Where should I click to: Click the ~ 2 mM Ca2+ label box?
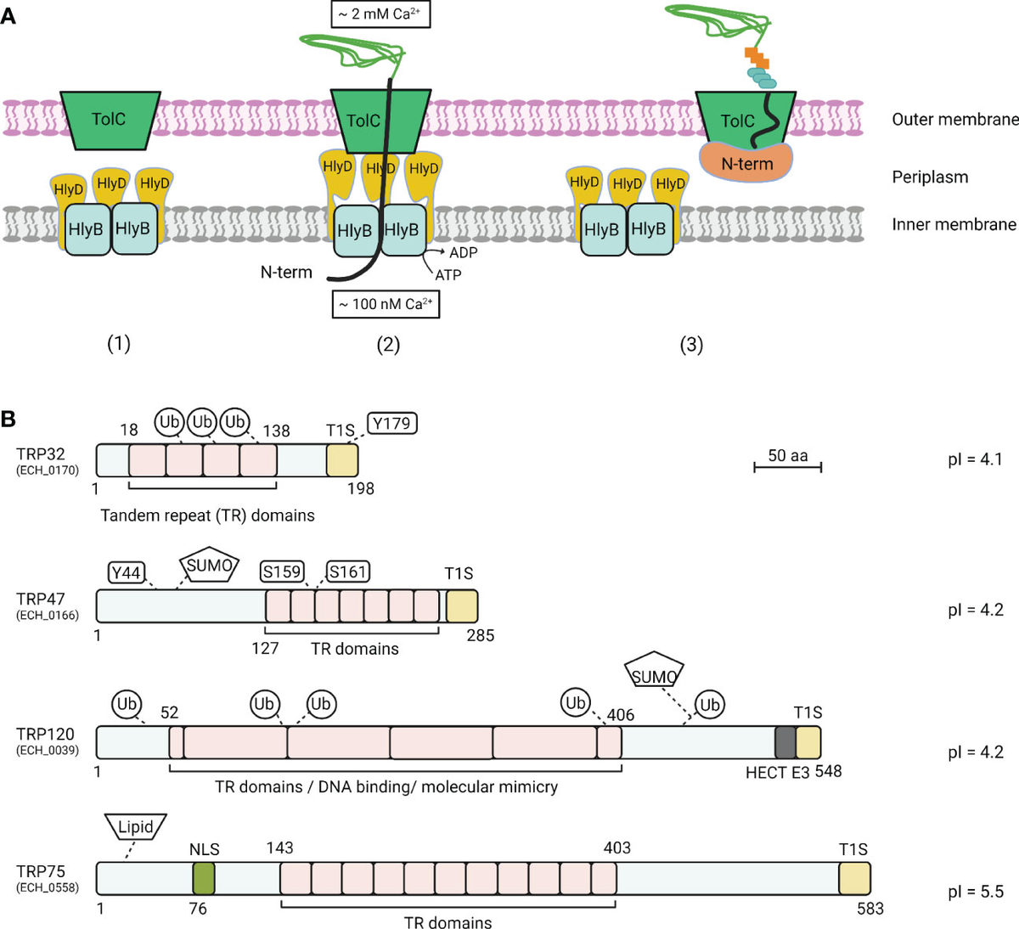click(x=380, y=14)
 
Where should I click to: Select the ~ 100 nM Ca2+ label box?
click(x=386, y=304)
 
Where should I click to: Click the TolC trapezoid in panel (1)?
click(x=110, y=119)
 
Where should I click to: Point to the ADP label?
click(x=463, y=253)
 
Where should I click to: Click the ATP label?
click(x=448, y=274)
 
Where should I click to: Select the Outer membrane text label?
click(x=954, y=120)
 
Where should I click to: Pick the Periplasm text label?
click(x=930, y=177)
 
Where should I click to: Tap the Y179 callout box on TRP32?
click(x=392, y=423)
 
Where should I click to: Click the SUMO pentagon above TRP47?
click(x=209, y=566)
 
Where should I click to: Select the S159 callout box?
click(x=282, y=571)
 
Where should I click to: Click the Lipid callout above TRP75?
click(x=136, y=826)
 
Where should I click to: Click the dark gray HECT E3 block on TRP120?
click(x=785, y=742)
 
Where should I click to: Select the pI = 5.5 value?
click(x=975, y=892)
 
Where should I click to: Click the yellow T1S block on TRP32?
click(x=342, y=459)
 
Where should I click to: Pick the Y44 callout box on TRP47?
click(x=126, y=573)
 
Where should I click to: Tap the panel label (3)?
click(x=691, y=345)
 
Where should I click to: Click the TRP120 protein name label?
click(x=45, y=734)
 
